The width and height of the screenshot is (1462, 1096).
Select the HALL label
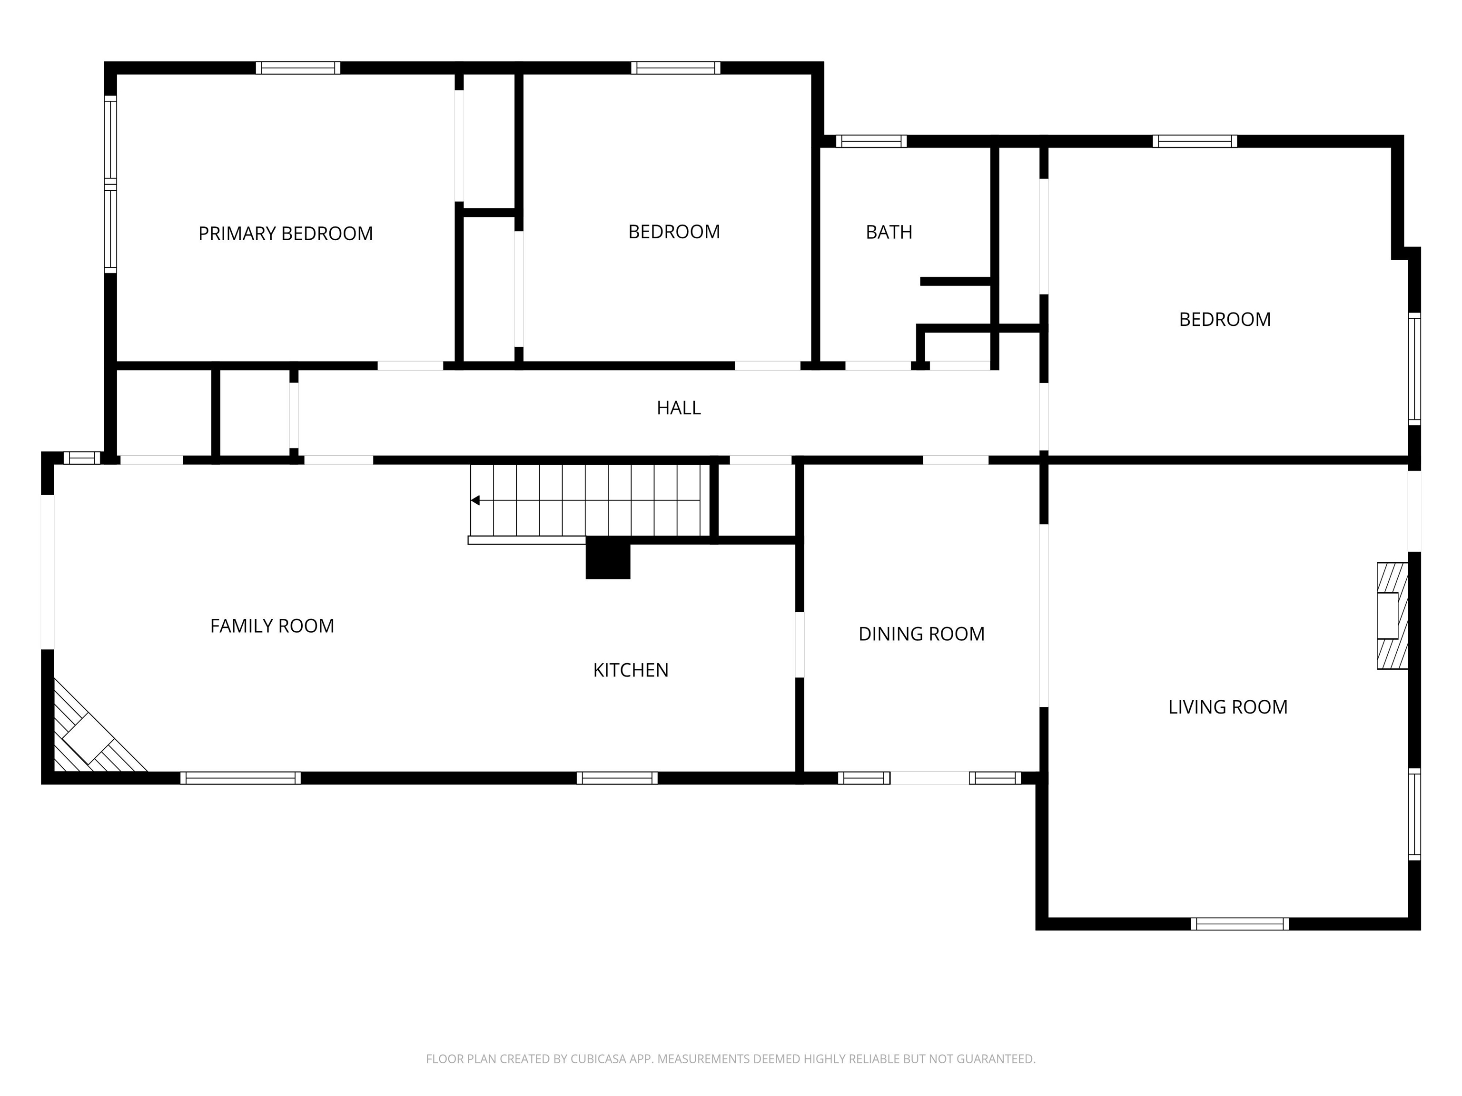click(679, 408)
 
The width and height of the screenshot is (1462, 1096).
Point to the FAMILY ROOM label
click(272, 626)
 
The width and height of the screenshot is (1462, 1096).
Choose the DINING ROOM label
click(921, 634)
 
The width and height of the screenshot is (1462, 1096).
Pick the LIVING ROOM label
click(1228, 707)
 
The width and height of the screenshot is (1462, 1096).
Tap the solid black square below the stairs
click(608, 558)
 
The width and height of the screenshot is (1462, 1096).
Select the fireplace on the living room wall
click(1392, 615)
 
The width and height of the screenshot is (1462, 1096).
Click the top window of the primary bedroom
click(298, 68)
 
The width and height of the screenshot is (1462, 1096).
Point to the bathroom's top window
click(871, 141)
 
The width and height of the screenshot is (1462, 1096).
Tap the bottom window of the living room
click(1240, 924)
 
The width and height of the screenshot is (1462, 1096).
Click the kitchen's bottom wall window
click(617, 778)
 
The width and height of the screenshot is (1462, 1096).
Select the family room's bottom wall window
click(241, 778)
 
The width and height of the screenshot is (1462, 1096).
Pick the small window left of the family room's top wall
click(82, 457)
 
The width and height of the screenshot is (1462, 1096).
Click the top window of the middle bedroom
click(675, 68)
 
